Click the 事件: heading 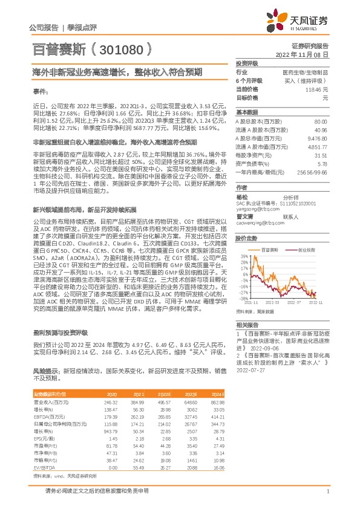[40, 91]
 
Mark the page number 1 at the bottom [327, 492]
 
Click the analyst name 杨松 [242, 196]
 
